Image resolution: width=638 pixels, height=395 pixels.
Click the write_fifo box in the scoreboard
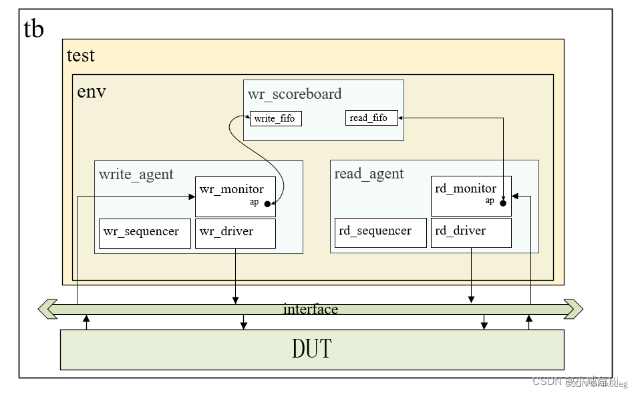point(275,119)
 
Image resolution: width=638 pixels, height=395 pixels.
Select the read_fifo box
point(371,118)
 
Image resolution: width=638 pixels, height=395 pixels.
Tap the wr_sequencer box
point(144,233)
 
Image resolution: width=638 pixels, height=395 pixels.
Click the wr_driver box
point(235,233)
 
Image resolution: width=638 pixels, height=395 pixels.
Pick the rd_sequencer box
point(380,232)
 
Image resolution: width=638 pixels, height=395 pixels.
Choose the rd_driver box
point(471,232)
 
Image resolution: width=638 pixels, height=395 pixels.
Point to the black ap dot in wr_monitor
point(267,204)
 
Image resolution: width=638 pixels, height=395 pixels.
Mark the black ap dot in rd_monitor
point(503,203)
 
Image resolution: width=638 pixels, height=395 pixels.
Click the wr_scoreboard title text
point(295,94)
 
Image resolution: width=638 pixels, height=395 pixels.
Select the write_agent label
point(136,174)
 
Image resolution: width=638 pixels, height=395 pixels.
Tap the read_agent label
point(369,174)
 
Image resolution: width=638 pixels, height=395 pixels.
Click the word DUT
point(311,349)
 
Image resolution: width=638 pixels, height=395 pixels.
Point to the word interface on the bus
point(311,309)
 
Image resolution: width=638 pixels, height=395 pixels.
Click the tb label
point(34,29)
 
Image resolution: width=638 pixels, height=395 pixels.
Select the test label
point(81,55)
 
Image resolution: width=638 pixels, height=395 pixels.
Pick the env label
point(92,92)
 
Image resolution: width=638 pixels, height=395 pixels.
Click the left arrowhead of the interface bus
point(45,309)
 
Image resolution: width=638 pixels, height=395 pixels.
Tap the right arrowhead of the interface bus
point(575,309)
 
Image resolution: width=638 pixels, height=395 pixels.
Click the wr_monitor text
point(231,189)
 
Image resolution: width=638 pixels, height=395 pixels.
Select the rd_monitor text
point(466,188)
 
